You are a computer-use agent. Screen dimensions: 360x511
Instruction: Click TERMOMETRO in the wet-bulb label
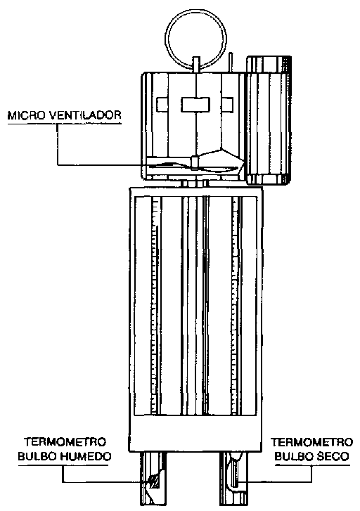pyautogui.click(x=65, y=442)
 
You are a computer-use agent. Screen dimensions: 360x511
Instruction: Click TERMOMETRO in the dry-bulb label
pyautogui.click(x=311, y=442)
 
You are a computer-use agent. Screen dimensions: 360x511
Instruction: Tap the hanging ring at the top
pyautogui.click(x=195, y=13)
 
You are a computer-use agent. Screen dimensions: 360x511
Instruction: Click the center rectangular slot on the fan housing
pyautogui.click(x=195, y=105)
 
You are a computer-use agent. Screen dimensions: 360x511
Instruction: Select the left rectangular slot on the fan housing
pyautogui.click(x=162, y=105)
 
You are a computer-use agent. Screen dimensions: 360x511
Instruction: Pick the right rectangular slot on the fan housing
pyautogui.click(x=228, y=105)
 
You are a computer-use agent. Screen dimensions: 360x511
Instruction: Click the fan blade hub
pyautogui.click(x=195, y=162)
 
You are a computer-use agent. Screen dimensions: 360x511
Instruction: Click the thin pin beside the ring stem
pyautogui.click(x=231, y=62)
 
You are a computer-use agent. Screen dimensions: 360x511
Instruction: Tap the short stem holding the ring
pyautogui.click(x=196, y=65)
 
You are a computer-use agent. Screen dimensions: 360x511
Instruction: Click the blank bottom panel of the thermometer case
pyautogui.click(x=195, y=434)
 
